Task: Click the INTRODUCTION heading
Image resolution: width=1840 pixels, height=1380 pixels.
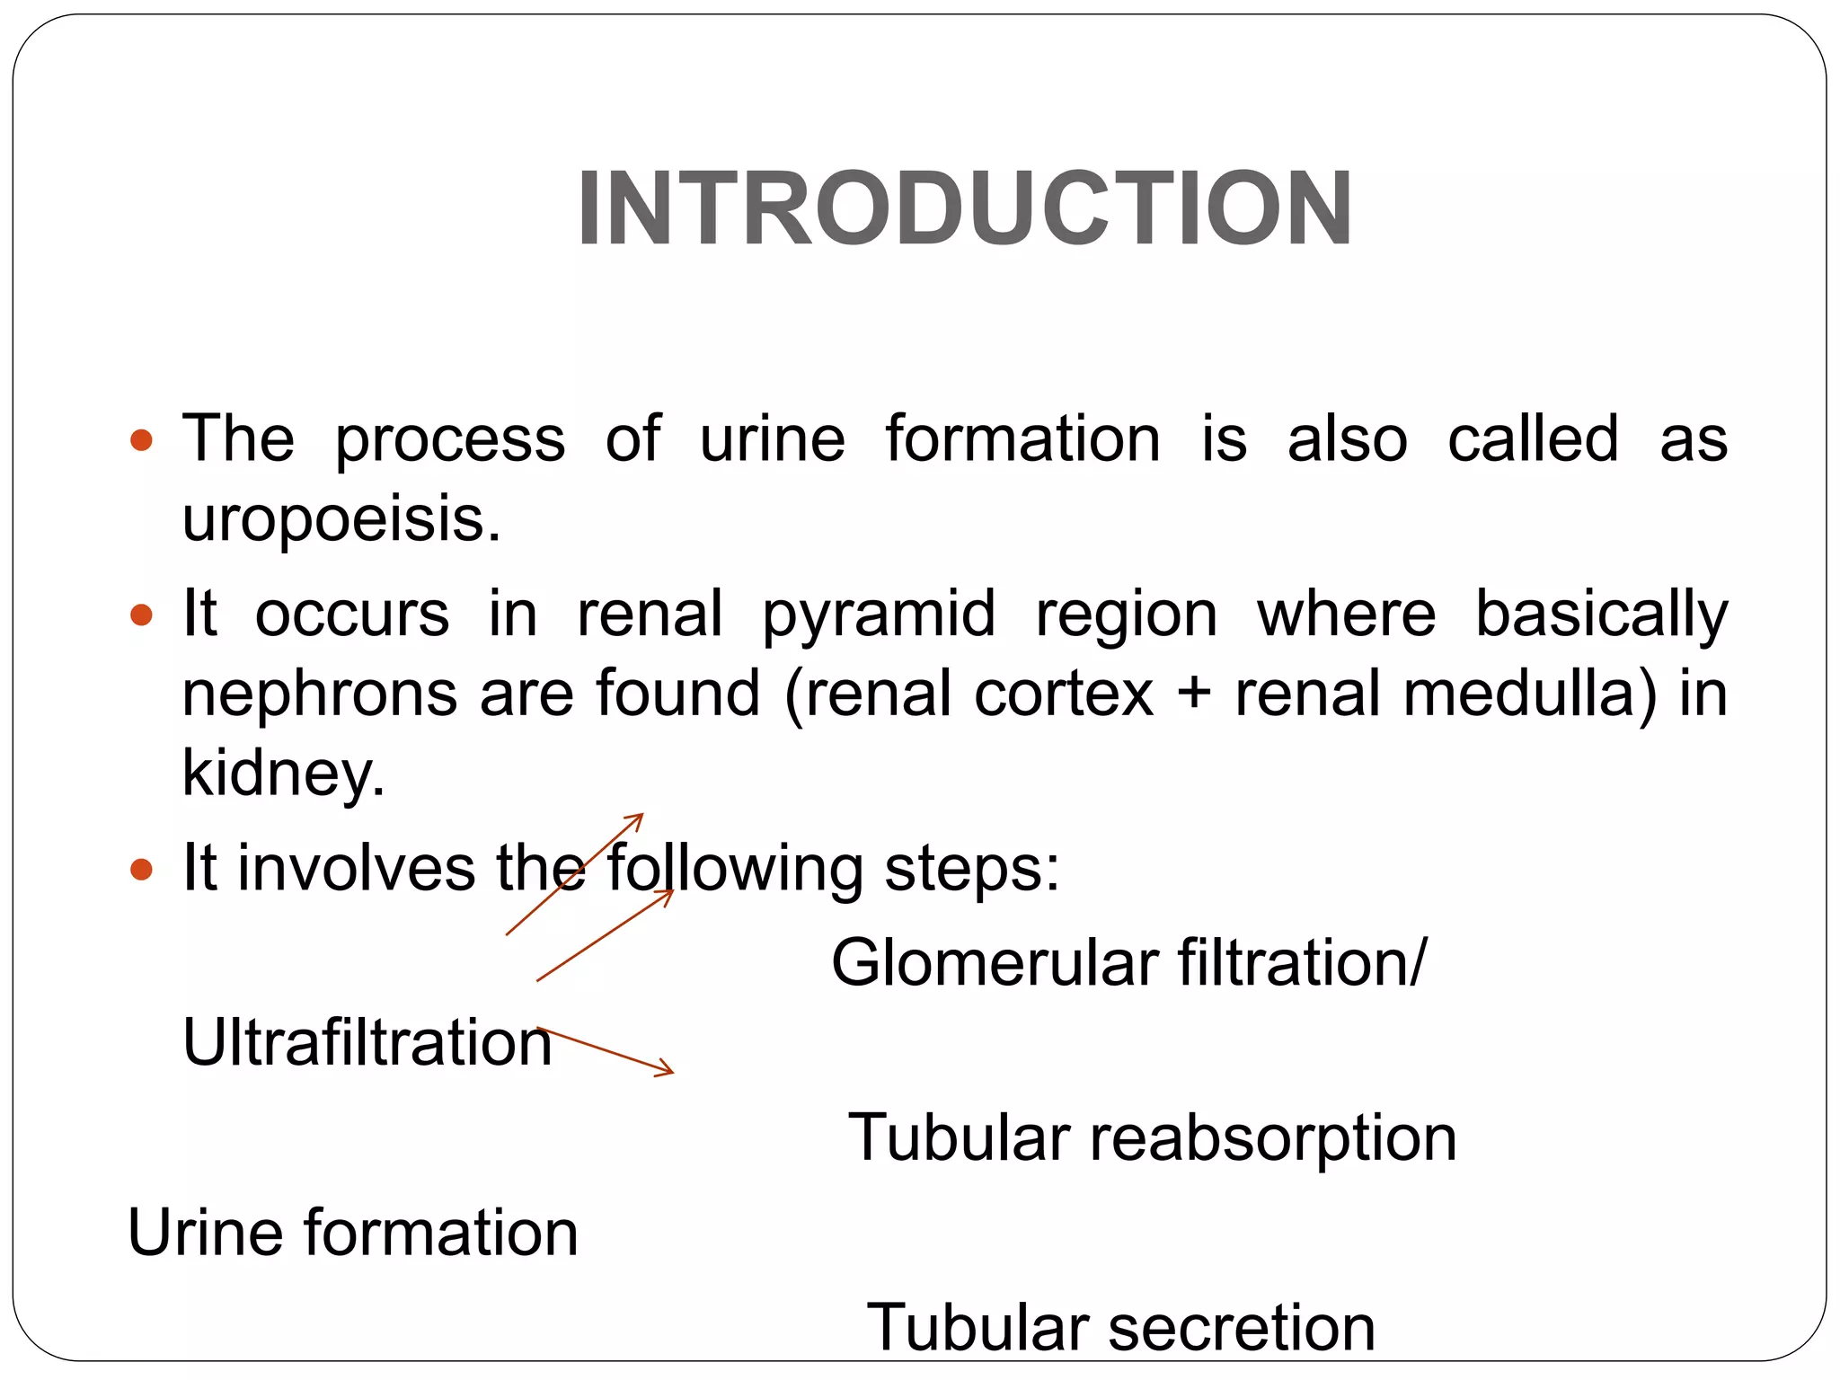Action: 964,209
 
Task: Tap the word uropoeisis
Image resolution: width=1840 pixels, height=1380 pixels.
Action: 341,518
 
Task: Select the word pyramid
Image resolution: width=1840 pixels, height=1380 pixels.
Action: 879,614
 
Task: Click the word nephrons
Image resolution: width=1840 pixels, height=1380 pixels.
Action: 319,694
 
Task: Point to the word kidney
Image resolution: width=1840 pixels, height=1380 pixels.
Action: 283,773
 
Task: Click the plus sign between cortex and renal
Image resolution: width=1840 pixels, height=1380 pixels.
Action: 1194,694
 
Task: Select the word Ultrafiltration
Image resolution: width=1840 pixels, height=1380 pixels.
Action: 367,1042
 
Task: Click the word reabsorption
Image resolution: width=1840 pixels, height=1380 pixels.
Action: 1273,1137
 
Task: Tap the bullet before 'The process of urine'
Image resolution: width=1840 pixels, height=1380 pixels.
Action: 141,440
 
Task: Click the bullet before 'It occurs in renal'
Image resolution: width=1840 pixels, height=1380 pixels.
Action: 141,615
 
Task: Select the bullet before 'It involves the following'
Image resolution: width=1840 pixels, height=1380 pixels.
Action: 141,869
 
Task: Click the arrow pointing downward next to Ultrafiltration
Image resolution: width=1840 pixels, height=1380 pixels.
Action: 606,1050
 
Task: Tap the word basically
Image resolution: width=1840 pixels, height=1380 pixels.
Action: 1601,614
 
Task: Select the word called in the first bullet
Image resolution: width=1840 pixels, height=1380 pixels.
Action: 1533,439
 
